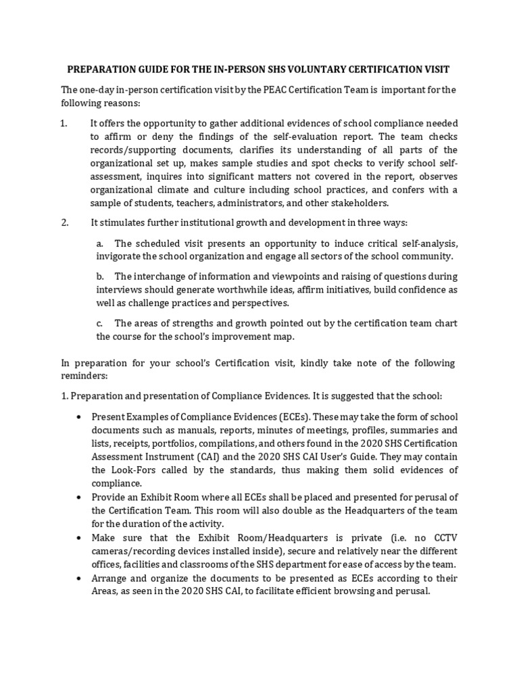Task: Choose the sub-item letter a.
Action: [x=100, y=243]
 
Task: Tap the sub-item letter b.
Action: [x=100, y=276]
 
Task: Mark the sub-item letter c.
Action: [x=99, y=323]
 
